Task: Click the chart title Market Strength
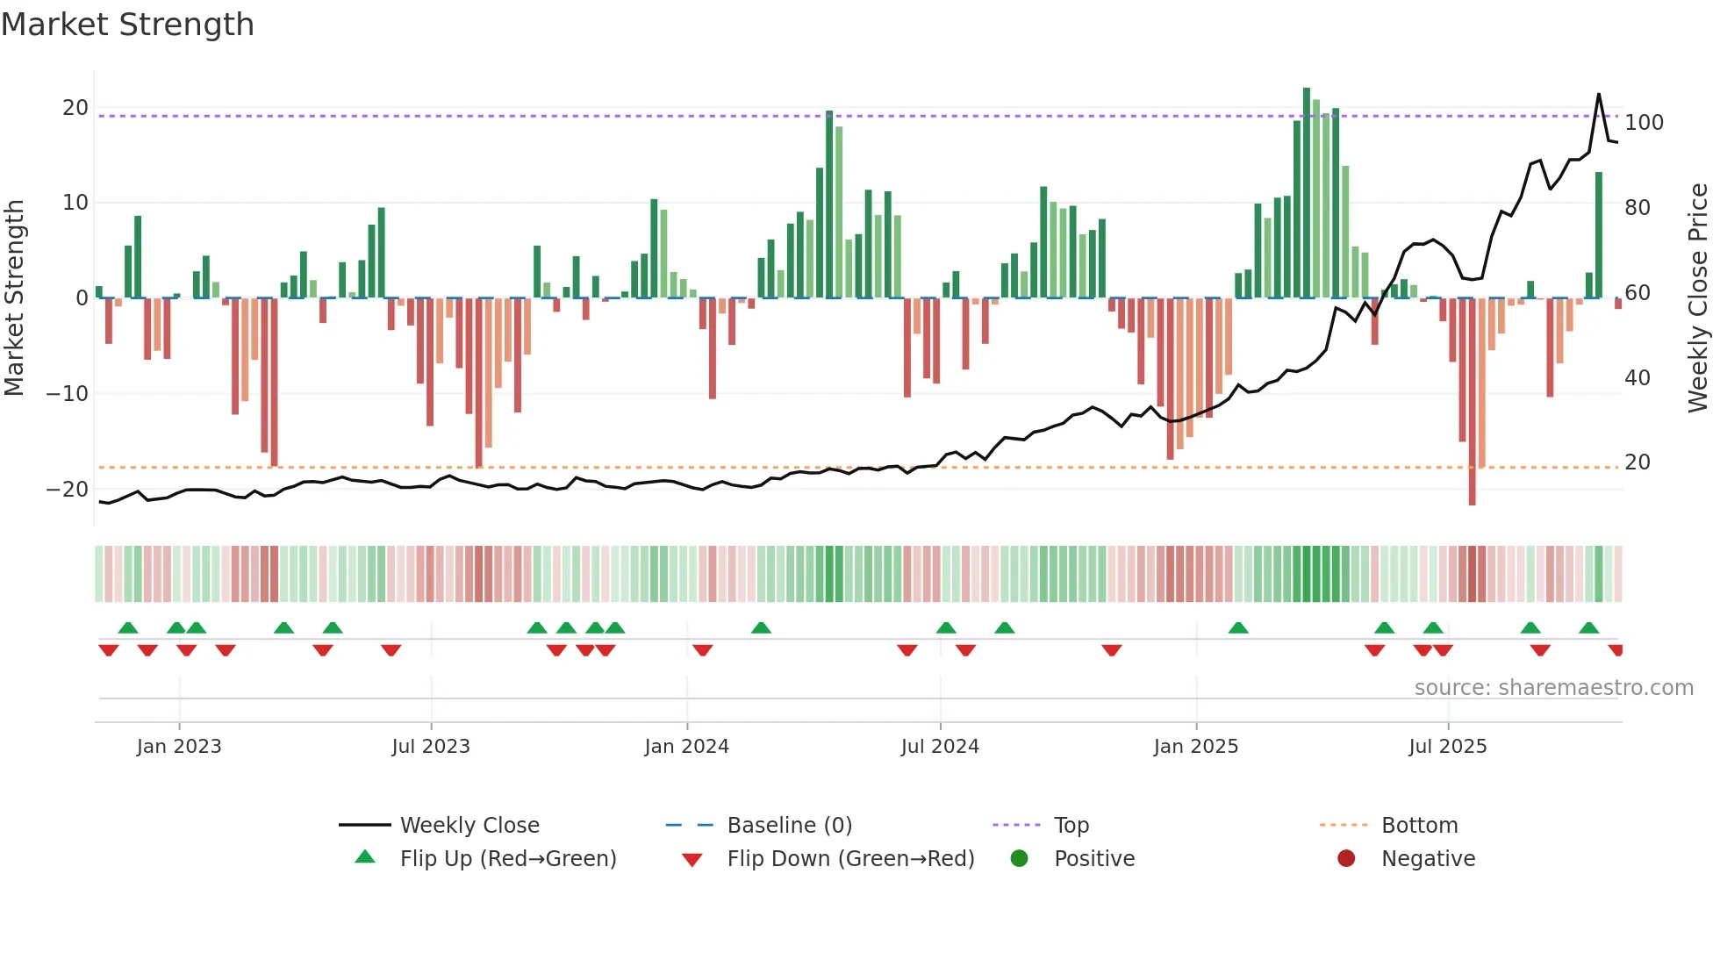click(127, 25)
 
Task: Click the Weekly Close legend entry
click(469, 826)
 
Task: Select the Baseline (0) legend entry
click(789, 826)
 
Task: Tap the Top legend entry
click(1071, 826)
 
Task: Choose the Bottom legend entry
click(1419, 826)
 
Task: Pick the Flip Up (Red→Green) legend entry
click(507, 859)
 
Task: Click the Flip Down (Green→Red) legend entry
click(849, 859)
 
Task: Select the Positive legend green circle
click(1019, 859)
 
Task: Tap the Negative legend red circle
click(1346, 859)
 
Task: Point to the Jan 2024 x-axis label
click(686, 747)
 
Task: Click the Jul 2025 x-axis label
click(1447, 747)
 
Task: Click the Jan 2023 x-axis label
click(179, 747)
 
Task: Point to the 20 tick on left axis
click(75, 108)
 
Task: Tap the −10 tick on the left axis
click(68, 394)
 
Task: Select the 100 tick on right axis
click(1644, 123)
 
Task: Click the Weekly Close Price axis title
click(1698, 298)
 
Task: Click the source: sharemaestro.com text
click(1553, 688)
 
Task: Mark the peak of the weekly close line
click(1598, 94)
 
